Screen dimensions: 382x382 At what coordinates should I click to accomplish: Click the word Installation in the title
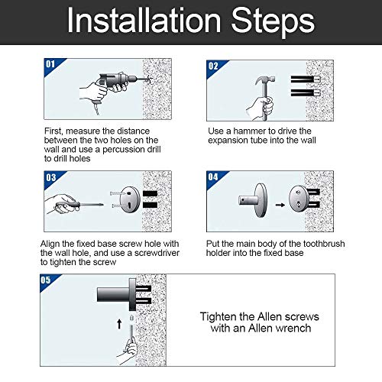tap(144, 21)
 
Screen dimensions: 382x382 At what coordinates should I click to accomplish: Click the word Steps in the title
tap(273, 23)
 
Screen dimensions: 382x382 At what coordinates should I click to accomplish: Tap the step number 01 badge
tap(50, 64)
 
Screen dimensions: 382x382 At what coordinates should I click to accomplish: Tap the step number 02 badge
tap(213, 66)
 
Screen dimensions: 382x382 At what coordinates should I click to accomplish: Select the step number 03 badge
tap(50, 177)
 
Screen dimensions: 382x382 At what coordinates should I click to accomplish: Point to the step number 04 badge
tap(213, 176)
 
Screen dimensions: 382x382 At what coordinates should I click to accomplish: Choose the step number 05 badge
tap(46, 280)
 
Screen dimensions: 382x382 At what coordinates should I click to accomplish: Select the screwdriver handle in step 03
tap(68, 205)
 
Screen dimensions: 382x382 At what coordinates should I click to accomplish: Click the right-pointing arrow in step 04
tap(280, 205)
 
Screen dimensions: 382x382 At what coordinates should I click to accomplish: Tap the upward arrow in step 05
tap(119, 324)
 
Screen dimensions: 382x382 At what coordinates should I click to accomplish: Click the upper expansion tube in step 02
tap(306, 79)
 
